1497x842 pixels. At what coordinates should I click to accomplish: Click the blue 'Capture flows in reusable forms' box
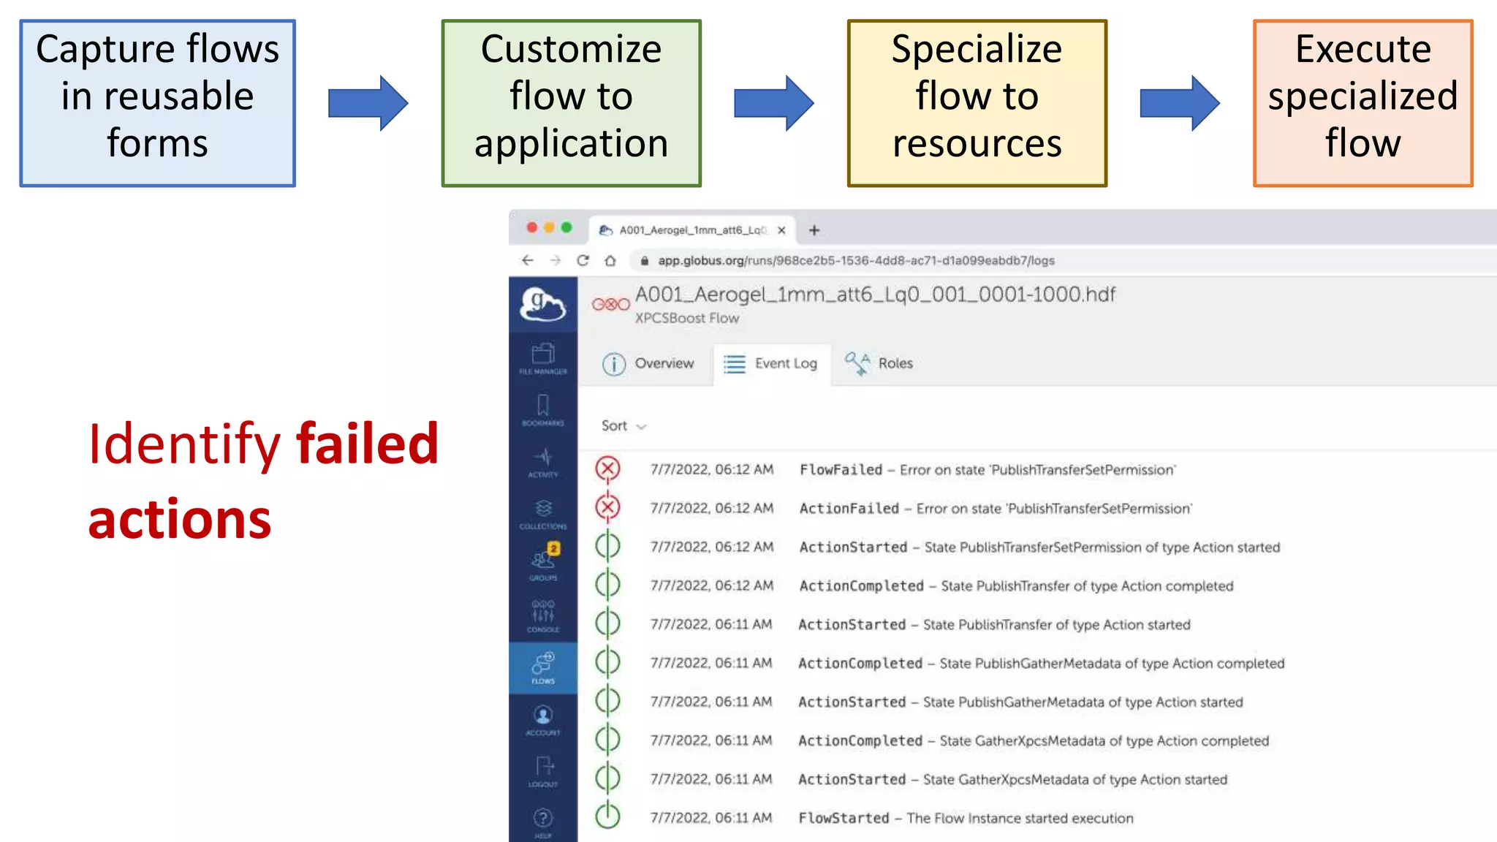[x=157, y=103]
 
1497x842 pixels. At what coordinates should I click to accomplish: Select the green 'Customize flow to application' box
[x=571, y=103]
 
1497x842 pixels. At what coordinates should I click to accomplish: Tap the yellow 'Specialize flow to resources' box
[x=977, y=103]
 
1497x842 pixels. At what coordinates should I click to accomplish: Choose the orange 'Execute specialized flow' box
[x=1363, y=103]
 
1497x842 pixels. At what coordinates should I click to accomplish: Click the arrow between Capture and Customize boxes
[x=368, y=103]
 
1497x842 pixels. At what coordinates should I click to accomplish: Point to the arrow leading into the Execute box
[x=1179, y=103]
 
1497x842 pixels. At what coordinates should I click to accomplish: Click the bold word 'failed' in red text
[x=367, y=444]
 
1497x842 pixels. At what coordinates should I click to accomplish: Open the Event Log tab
[x=771, y=363]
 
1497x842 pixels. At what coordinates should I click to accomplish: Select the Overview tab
[x=648, y=363]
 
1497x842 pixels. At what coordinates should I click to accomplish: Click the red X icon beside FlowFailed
[x=607, y=469]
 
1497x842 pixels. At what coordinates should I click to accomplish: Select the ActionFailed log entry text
[x=995, y=509]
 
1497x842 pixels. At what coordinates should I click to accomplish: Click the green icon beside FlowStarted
[x=607, y=816]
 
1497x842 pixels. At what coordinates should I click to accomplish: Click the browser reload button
[x=583, y=261]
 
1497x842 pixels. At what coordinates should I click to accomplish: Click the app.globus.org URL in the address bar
[x=855, y=261]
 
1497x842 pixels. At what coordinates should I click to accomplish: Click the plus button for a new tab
[x=814, y=230]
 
